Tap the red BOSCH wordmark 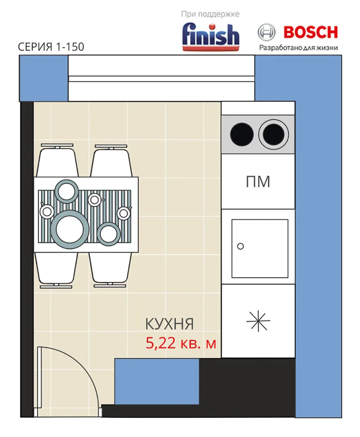pyautogui.click(x=311, y=32)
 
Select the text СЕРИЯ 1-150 pyautogui.click(x=51, y=47)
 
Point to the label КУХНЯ pyautogui.click(x=169, y=324)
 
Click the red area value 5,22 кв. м pyautogui.click(x=181, y=343)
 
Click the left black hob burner pyautogui.click(x=242, y=134)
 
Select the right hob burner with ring pyautogui.click(x=273, y=134)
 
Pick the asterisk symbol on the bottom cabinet pyautogui.click(x=258, y=322)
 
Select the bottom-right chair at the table pyautogui.click(x=111, y=269)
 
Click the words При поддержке pyautogui.click(x=211, y=14)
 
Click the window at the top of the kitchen pyautogui.click(x=161, y=78)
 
